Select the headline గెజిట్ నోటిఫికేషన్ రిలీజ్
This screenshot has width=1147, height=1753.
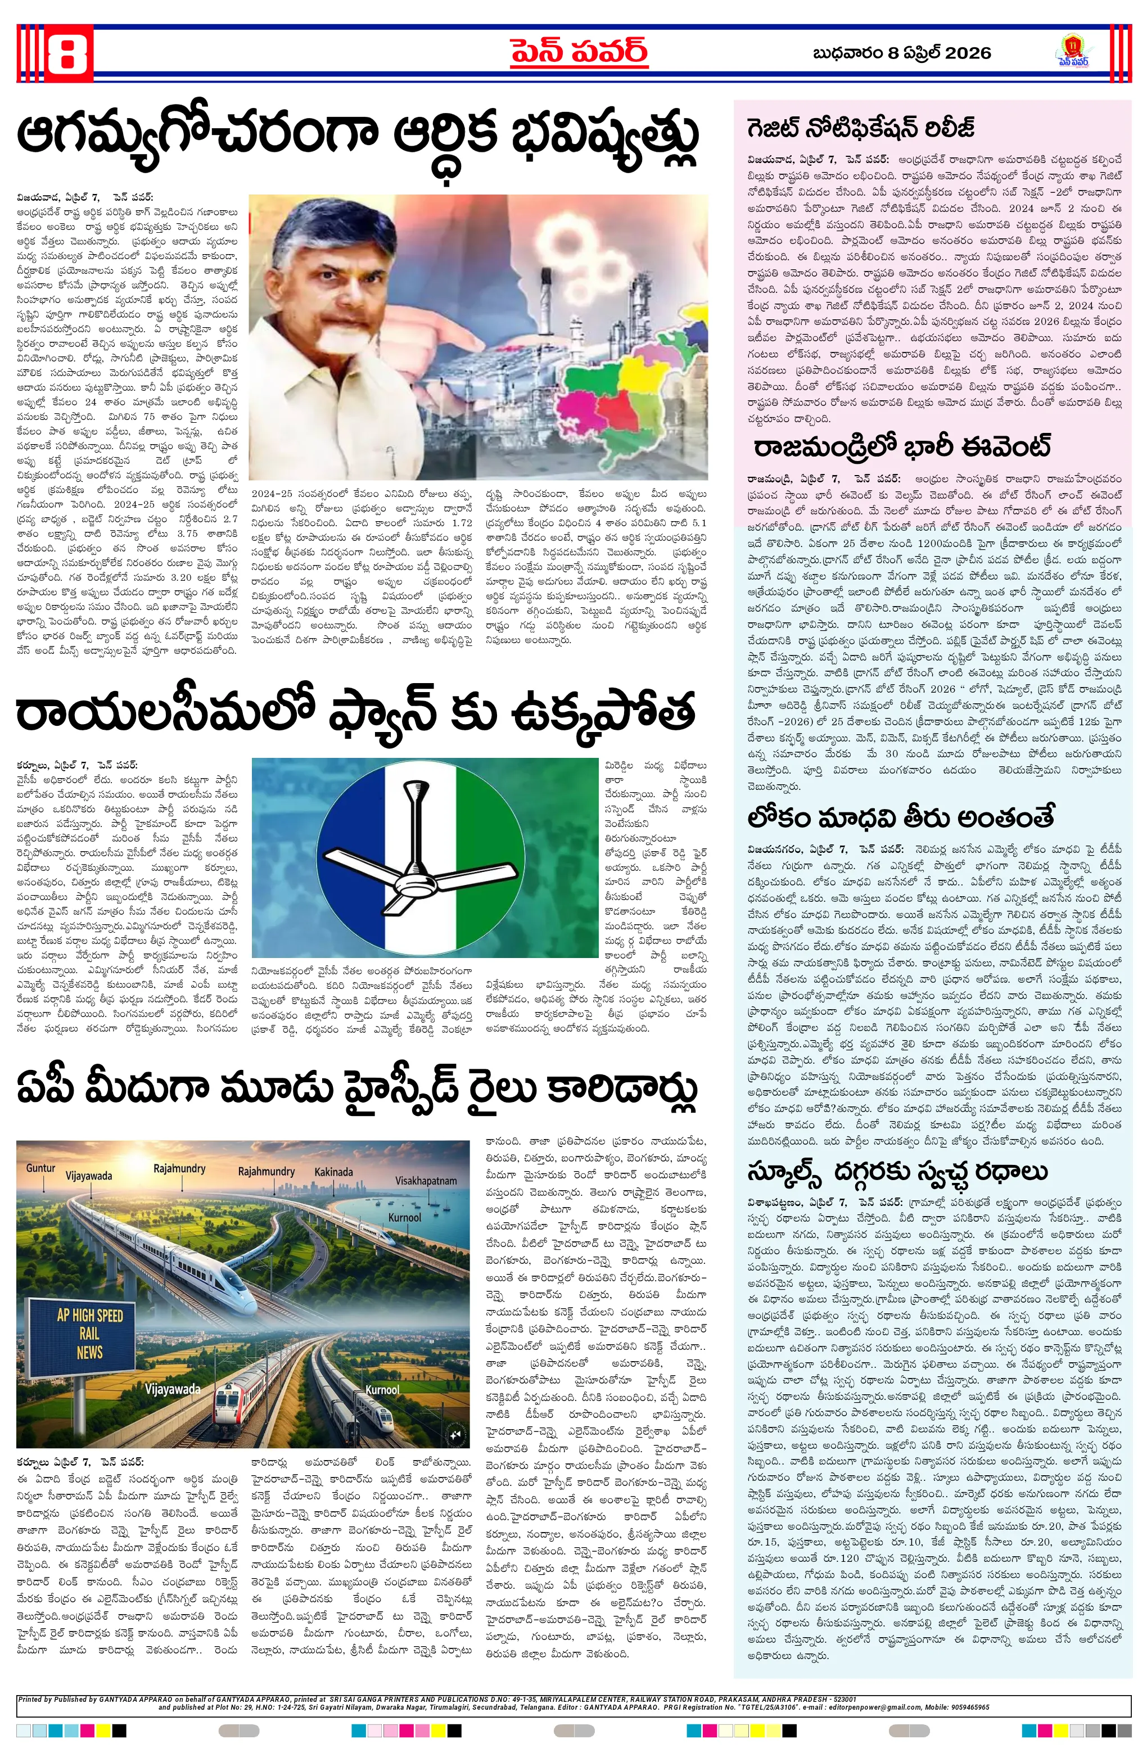coord(860,128)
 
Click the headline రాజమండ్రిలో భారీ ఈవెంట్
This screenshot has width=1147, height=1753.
coord(902,446)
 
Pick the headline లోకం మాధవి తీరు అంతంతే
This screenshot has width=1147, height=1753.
coord(900,817)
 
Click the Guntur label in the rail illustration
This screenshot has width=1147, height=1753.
coord(40,1168)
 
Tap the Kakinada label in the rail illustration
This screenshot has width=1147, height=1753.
coord(333,1172)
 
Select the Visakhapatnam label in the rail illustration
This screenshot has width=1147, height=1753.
coord(426,1181)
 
